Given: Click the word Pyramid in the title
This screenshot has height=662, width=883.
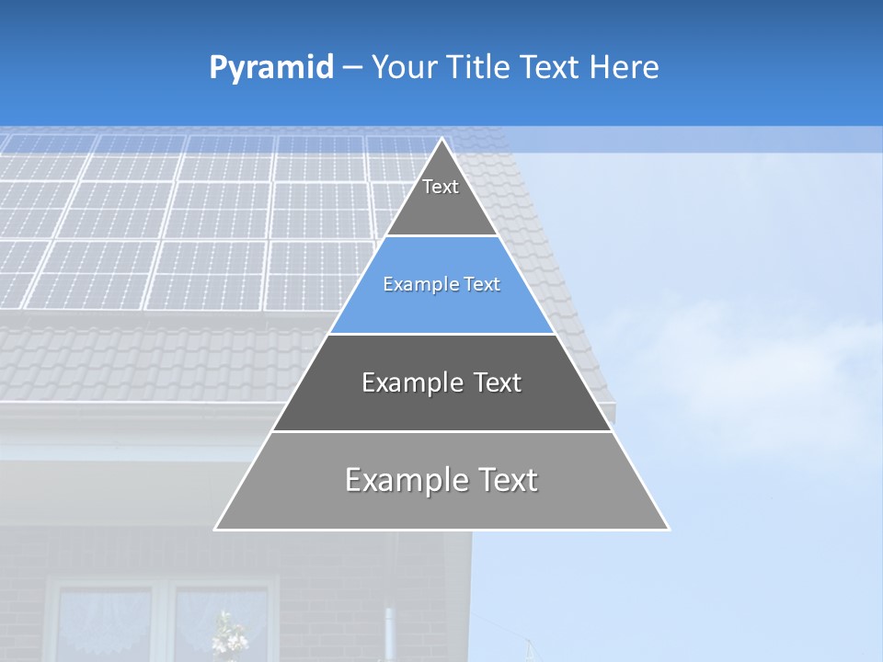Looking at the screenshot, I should pos(271,67).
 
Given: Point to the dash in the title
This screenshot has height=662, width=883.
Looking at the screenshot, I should pos(351,68).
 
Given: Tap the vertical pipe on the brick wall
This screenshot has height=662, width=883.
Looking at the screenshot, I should pos(388,634).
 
